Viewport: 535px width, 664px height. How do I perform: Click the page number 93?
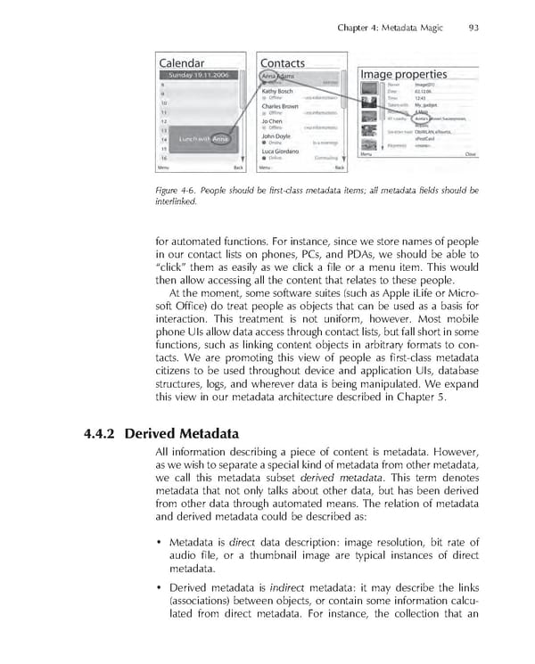tap(473, 28)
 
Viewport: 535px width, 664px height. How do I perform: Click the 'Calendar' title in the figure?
tap(182, 63)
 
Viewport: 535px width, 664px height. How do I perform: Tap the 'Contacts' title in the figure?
tap(282, 63)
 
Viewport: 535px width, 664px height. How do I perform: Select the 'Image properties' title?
tap(403, 74)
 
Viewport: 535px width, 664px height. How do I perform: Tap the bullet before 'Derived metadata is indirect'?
tap(159, 589)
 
